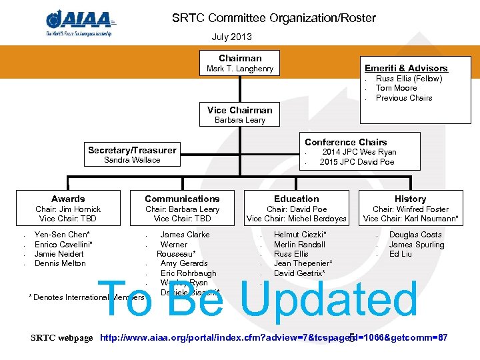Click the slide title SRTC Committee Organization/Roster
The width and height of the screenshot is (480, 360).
pos(274,18)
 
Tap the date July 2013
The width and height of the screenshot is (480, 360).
pos(232,37)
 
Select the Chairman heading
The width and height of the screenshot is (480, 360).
pos(240,58)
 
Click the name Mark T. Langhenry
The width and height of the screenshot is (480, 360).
pos(240,69)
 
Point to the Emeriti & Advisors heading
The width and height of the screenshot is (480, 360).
pos(406,68)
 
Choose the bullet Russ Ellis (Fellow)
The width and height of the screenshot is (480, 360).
pos(409,79)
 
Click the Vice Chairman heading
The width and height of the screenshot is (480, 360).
pos(240,110)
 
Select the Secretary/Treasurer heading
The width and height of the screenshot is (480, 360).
pos(132,150)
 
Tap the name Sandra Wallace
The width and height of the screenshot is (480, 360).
pos(132,160)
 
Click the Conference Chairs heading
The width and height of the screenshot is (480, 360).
pos(345,142)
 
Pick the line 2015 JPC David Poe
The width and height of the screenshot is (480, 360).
pos(357,162)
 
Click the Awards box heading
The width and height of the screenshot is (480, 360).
pos(68,199)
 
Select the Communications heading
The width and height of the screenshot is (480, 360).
pos(182,199)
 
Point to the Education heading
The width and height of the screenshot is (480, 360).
pos(297,199)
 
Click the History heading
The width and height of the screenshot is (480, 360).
pos(410,199)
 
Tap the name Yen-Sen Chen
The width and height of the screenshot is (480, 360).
pos(62,235)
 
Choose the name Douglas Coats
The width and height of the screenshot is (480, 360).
pos(415,235)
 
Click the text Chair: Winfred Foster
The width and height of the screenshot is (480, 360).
pos(410,209)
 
